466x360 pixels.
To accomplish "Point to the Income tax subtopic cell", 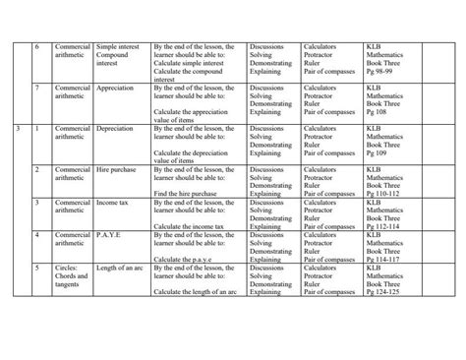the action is click(115, 202).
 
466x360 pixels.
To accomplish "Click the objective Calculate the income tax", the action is click(192, 226).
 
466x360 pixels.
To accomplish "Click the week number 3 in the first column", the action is click(19, 127).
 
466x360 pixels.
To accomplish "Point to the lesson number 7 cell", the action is click(36, 87).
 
